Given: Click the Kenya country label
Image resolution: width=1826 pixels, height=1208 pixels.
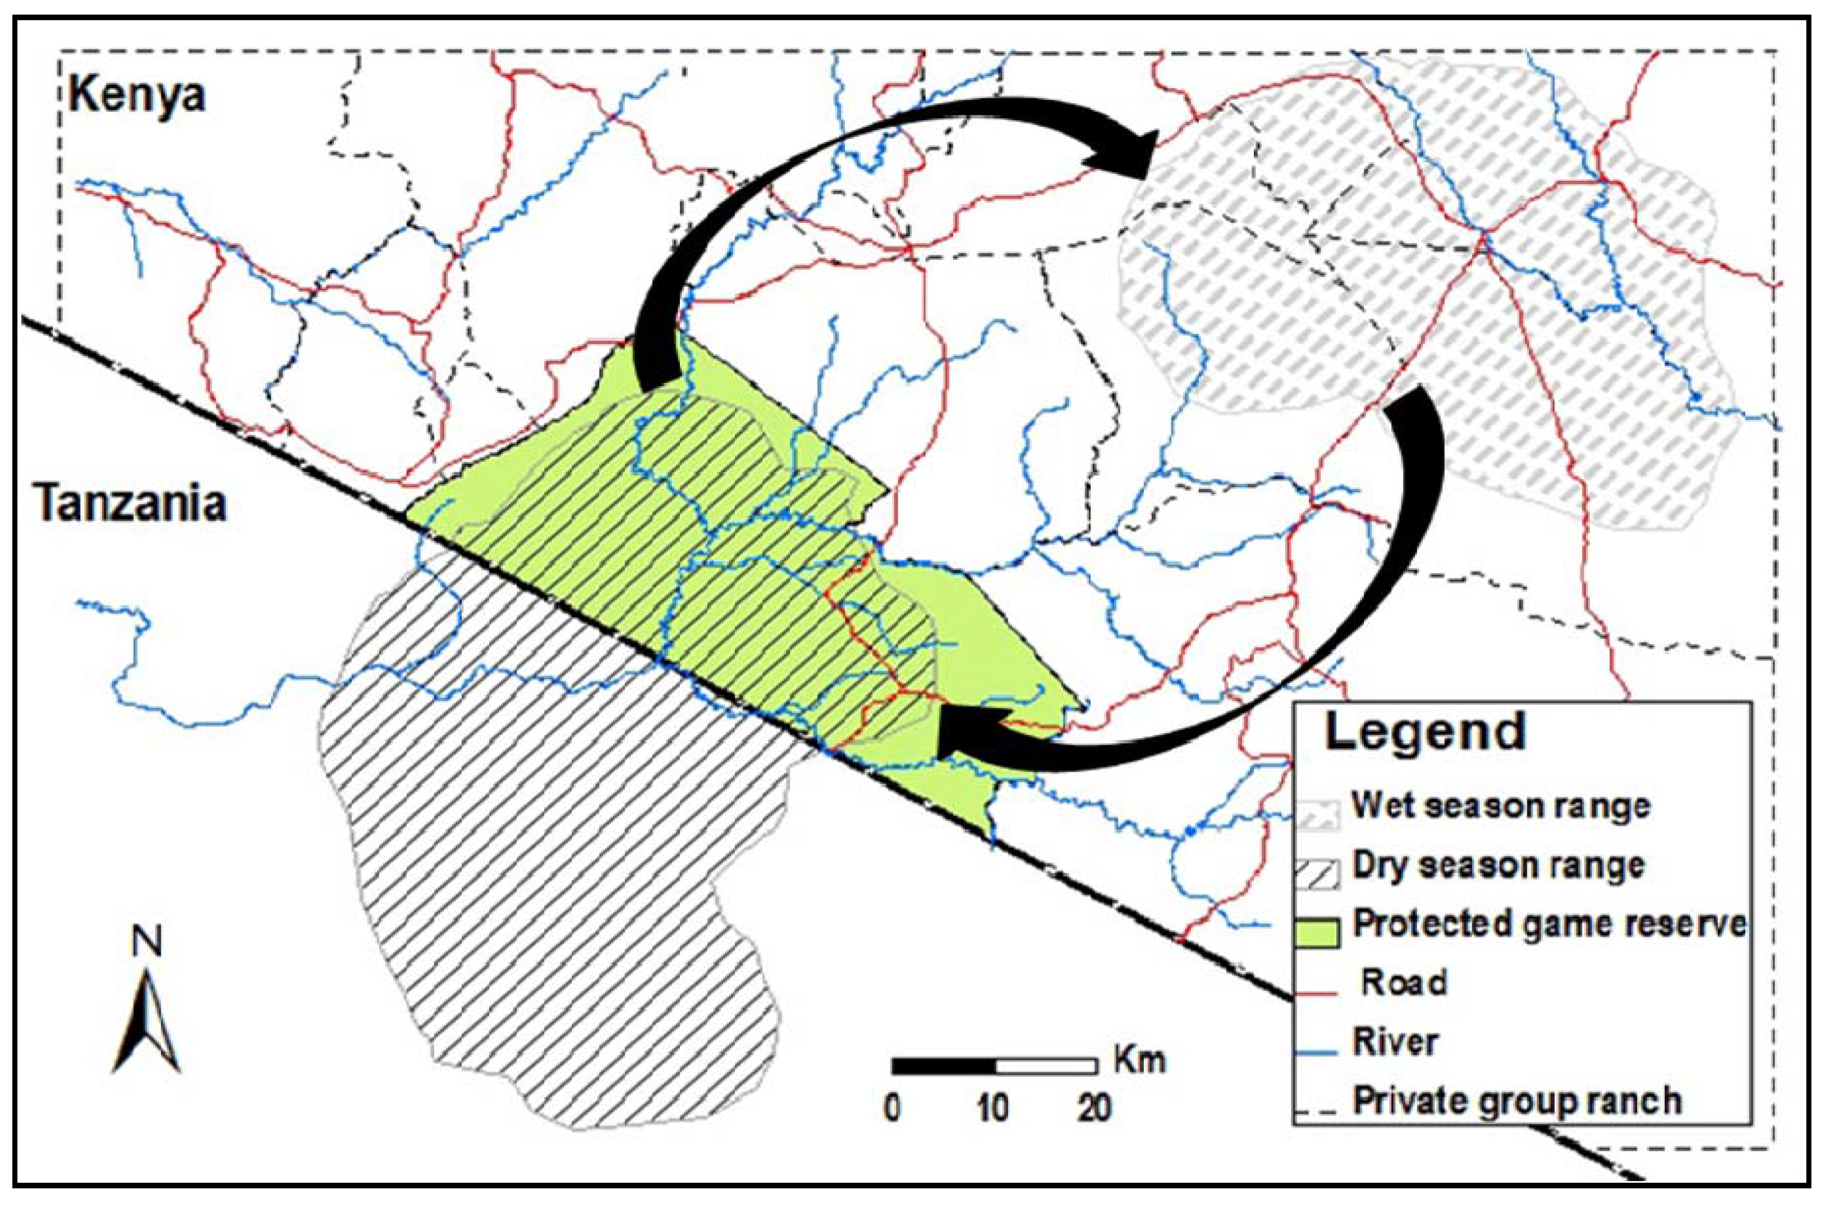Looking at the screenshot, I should click(x=137, y=95).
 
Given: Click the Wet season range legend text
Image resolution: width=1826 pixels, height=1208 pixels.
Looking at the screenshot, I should click(x=1501, y=806).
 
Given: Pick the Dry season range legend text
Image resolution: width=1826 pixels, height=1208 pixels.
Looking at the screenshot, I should click(x=1499, y=865).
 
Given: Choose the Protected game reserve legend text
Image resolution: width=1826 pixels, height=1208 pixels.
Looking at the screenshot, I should click(x=1549, y=923).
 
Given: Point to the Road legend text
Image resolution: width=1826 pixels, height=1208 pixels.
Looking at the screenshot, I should click(x=1403, y=982).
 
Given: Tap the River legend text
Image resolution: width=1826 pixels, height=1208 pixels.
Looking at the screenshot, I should click(x=1395, y=1042).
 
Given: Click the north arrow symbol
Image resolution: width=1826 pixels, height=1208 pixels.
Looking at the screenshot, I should click(x=147, y=1028).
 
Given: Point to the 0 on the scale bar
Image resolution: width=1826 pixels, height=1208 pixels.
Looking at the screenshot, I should click(x=892, y=1109).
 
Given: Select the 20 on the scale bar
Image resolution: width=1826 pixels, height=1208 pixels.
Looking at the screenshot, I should click(x=1094, y=1109).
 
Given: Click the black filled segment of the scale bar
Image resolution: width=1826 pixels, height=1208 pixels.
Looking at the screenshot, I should click(x=944, y=1066).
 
